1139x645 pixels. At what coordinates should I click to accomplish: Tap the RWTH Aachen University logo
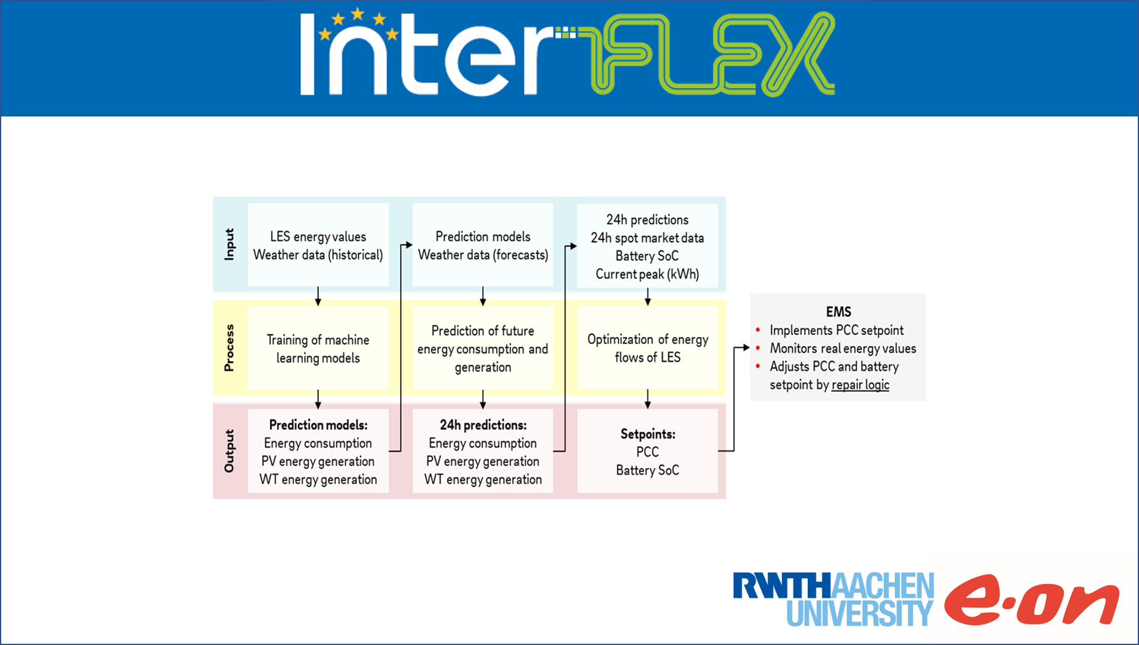coord(833,599)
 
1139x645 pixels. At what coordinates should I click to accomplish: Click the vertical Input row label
coord(230,245)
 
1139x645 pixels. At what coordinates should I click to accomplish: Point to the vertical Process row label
coord(230,347)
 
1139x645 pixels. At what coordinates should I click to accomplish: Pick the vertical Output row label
coord(230,451)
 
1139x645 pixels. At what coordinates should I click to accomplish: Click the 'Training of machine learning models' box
coord(318,349)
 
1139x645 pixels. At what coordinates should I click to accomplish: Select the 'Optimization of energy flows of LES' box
coord(647,349)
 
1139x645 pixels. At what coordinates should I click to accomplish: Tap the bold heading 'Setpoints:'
coord(648,434)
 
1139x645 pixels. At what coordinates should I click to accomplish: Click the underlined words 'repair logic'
coord(860,385)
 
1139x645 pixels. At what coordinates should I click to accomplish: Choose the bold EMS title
coord(838,312)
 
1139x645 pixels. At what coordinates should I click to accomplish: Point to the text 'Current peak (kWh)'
coord(647,274)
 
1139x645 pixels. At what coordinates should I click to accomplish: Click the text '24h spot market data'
coord(647,238)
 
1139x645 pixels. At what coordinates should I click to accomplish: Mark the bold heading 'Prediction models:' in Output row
coord(318,425)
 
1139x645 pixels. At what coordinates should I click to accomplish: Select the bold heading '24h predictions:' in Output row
coord(483,425)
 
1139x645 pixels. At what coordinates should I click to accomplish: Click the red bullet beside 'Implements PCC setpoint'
coord(758,330)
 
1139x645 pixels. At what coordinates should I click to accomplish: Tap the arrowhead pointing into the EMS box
coord(746,348)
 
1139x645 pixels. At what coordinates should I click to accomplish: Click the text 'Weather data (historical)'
coord(318,255)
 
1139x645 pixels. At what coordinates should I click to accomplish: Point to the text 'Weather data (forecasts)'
coord(483,255)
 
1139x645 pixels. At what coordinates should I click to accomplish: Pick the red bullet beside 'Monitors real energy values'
coord(758,349)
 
